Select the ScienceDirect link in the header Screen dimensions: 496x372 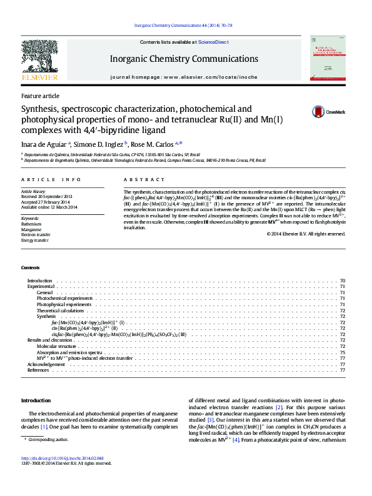pyautogui.click(x=213, y=42)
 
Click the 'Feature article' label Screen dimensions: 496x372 pyautogui.click(x=40, y=96)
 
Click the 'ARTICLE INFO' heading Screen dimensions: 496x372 pyautogui.click(x=49, y=179)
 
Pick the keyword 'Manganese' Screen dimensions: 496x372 pyautogui.click(x=31, y=229)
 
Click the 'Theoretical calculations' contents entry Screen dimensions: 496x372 pyautogui.click(x=59, y=310)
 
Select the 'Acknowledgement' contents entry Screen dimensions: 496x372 pyautogui.click(x=46, y=364)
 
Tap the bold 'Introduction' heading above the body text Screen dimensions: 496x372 pyautogui.click(x=36, y=400)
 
